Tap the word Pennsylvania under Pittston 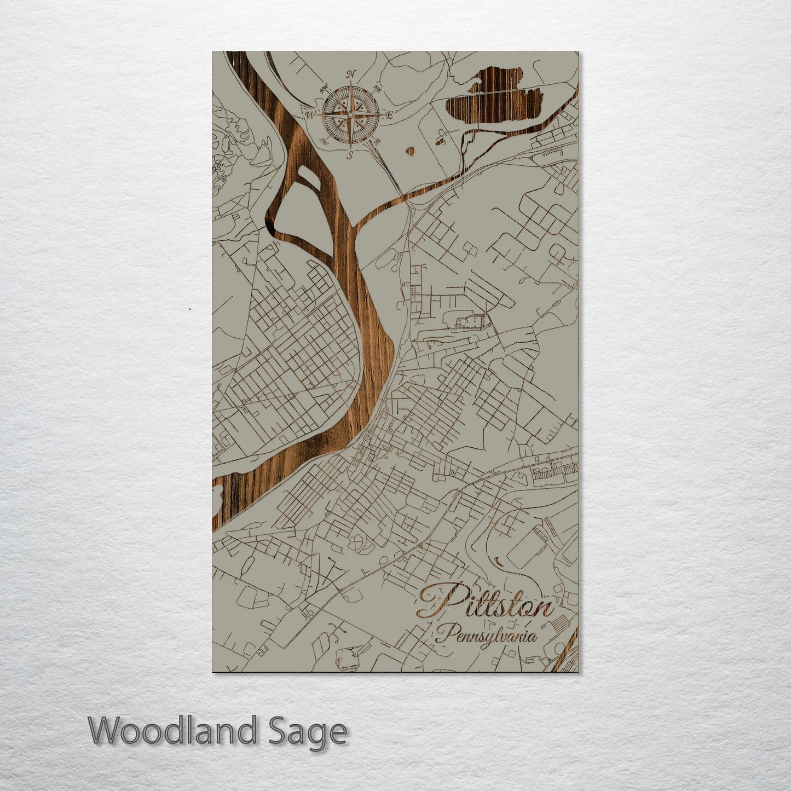[x=486, y=636]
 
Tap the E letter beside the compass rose [x=390, y=116]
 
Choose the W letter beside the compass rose [x=310, y=115]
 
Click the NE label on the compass [x=377, y=88]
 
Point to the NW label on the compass [x=324, y=88]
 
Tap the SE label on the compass [x=376, y=141]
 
